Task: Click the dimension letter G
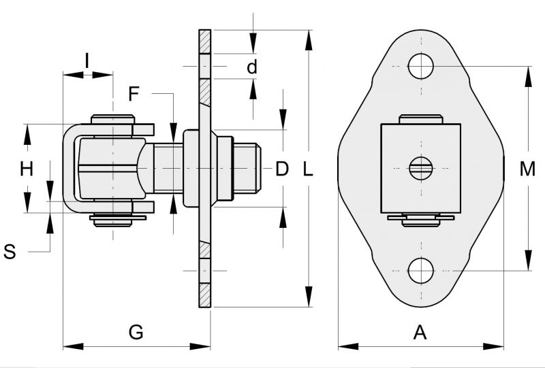click(136, 332)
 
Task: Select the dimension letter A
click(420, 332)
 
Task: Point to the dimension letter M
click(527, 169)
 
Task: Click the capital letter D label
click(282, 169)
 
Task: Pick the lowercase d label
click(252, 67)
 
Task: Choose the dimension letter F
click(134, 93)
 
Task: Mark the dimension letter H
click(26, 169)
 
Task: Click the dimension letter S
click(10, 252)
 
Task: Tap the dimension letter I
click(87, 61)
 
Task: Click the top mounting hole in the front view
click(421, 66)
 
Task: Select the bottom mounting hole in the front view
click(421, 271)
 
